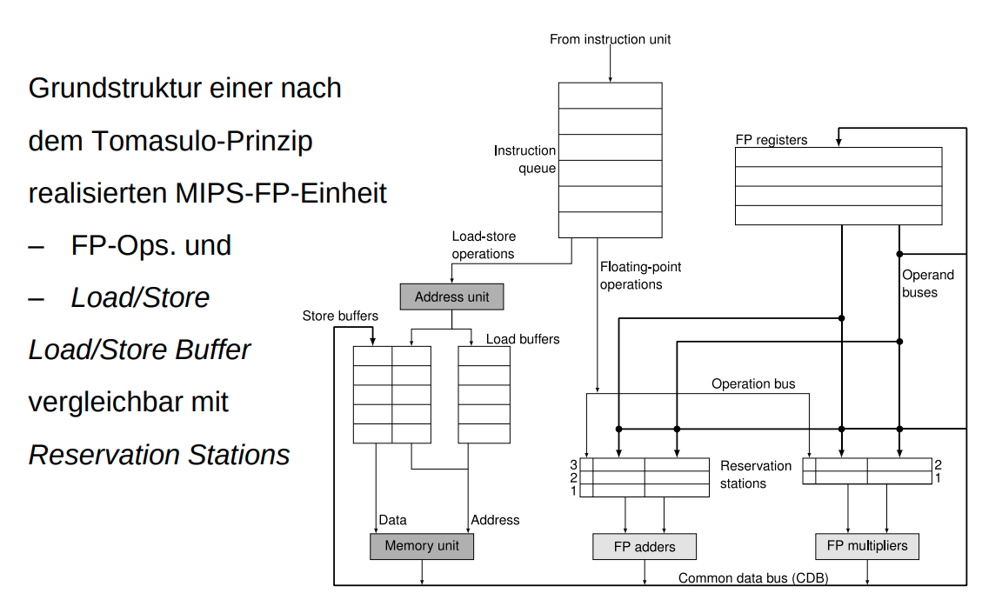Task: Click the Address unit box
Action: (451, 296)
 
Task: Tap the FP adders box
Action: (645, 547)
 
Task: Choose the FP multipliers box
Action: (866, 546)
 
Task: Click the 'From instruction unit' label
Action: (610, 39)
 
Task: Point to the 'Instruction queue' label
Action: (524, 159)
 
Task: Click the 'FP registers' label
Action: (772, 140)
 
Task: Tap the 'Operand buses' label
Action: (927, 283)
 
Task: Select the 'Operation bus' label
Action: (752, 383)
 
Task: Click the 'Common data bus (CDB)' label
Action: (753, 578)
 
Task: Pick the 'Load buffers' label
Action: (522, 339)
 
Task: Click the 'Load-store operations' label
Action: (483, 245)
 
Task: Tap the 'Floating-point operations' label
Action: (640, 276)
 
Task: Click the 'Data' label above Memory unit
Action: (392, 520)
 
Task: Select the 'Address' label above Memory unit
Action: (495, 520)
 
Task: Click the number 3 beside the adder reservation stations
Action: (573, 465)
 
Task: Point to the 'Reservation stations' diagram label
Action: (755, 474)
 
